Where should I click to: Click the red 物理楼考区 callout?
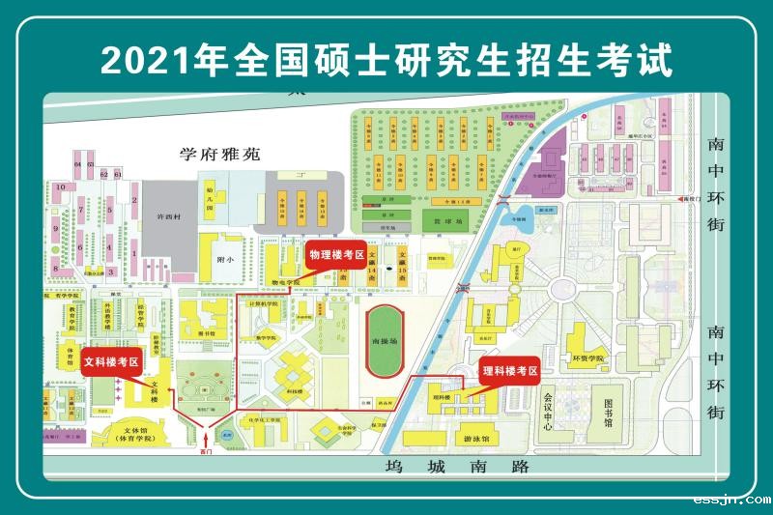coord(335,256)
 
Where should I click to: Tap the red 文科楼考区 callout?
coord(112,362)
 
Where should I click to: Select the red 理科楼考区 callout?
coord(509,370)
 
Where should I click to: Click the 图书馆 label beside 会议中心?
coord(609,413)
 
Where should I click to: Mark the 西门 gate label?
coord(204,450)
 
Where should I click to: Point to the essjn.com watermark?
coord(731,500)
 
